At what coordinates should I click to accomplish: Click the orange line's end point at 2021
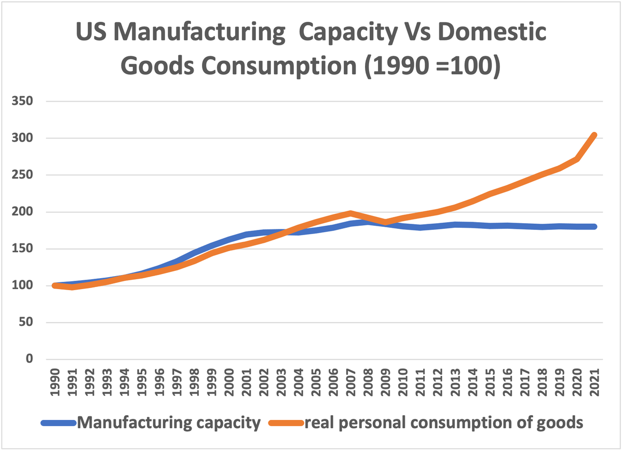594,135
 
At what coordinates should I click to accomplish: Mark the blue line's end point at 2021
594,226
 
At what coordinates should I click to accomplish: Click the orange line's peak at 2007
351,213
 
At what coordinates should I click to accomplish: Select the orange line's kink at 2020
577,159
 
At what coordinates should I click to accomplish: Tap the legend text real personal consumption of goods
443,423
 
